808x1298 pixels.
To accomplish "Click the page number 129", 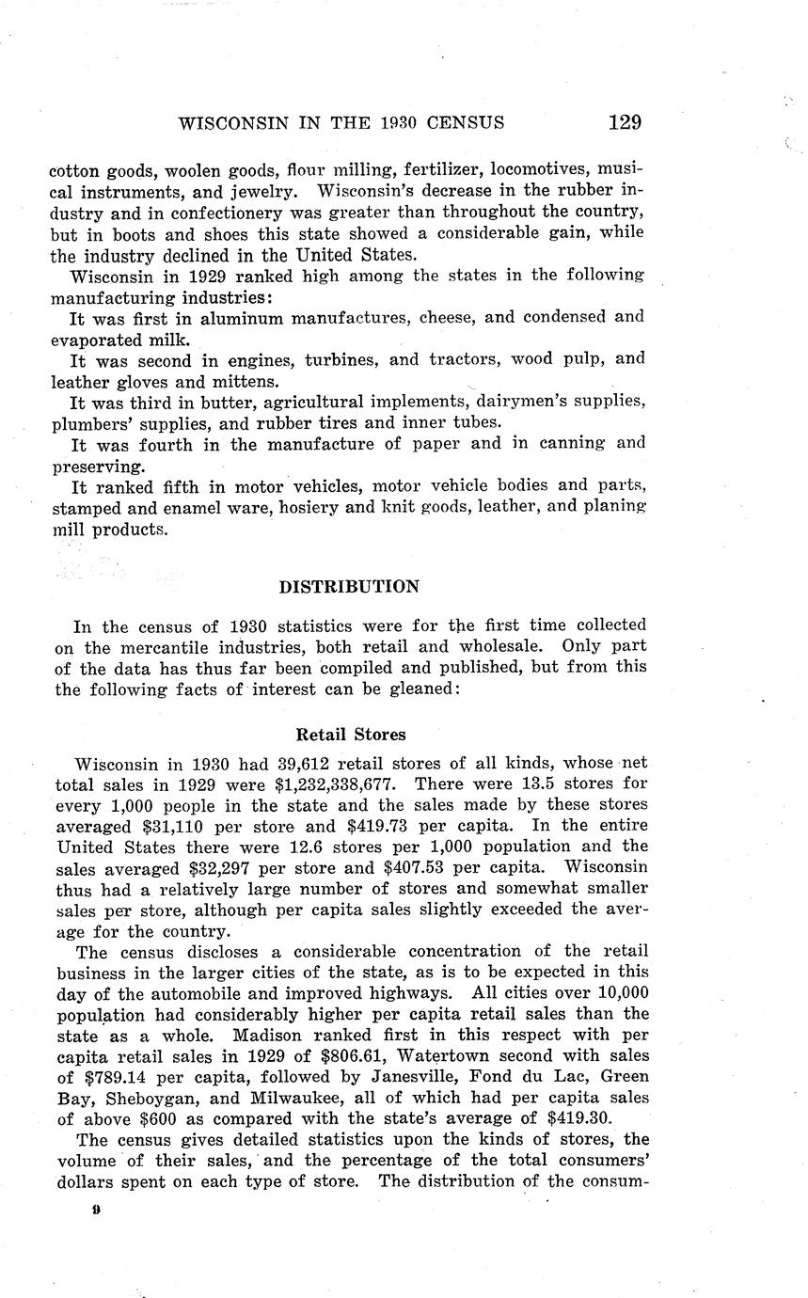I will (x=625, y=122).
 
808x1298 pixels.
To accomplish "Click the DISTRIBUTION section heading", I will (x=350, y=586).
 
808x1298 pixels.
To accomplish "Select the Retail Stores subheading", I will (x=351, y=734).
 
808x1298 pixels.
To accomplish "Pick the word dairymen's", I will (x=531, y=401).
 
